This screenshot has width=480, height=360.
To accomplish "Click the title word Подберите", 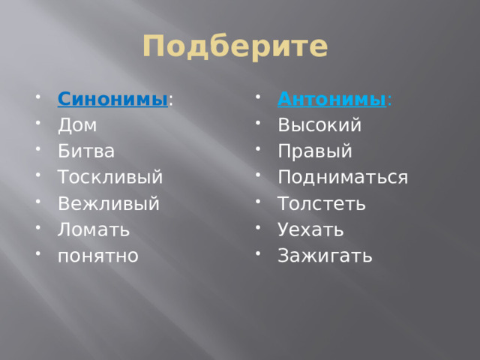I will [x=235, y=46].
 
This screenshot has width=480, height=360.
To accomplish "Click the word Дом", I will [x=77, y=124].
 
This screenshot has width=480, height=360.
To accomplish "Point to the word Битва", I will [x=86, y=151].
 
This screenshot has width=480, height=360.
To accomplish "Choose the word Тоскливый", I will [x=110, y=177].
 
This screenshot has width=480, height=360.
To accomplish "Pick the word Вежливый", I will [x=109, y=203].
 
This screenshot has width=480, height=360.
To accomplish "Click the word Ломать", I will [x=94, y=229].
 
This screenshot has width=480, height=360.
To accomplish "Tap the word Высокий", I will [x=319, y=124].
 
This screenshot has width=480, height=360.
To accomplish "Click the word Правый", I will [x=314, y=151].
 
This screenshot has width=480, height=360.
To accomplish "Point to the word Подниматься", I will [x=343, y=177].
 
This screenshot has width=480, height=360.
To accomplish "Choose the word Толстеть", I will [x=322, y=203].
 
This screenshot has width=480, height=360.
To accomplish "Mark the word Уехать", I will [x=310, y=229].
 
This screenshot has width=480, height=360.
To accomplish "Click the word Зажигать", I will [x=325, y=255].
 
